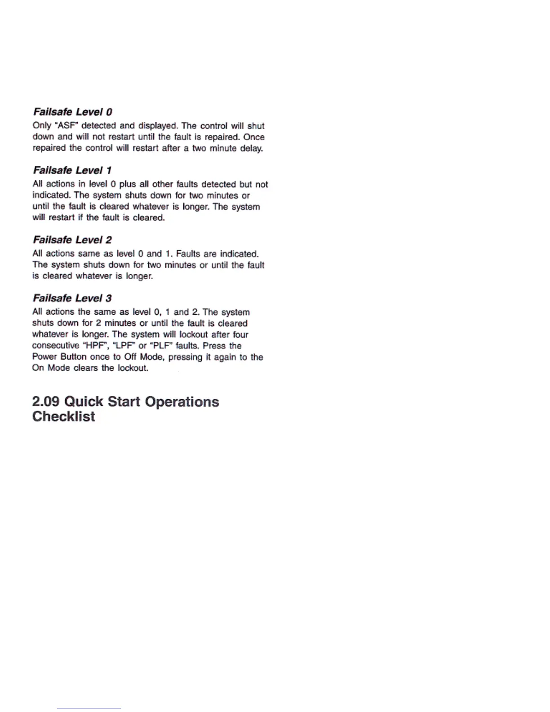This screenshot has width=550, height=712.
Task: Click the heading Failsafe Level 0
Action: coord(73,112)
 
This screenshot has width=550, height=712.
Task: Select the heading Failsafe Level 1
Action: coord(72,170)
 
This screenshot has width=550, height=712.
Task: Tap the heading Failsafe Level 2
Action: coord(72,240)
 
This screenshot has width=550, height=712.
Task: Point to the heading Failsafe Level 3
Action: coord(72,298)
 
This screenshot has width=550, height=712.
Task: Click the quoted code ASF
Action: coord(67,126)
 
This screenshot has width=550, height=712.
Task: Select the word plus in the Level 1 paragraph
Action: coord(127,184)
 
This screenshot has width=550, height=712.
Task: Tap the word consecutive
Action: coord(55,346)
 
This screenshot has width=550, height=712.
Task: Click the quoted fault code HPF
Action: coord(95,346)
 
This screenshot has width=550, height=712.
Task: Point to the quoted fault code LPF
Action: coord(124,346)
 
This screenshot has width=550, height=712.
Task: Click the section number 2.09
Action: coord(46,401)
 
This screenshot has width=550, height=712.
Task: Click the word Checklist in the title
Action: coord(63,416)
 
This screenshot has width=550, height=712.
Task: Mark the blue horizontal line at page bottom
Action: coord(89,708)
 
